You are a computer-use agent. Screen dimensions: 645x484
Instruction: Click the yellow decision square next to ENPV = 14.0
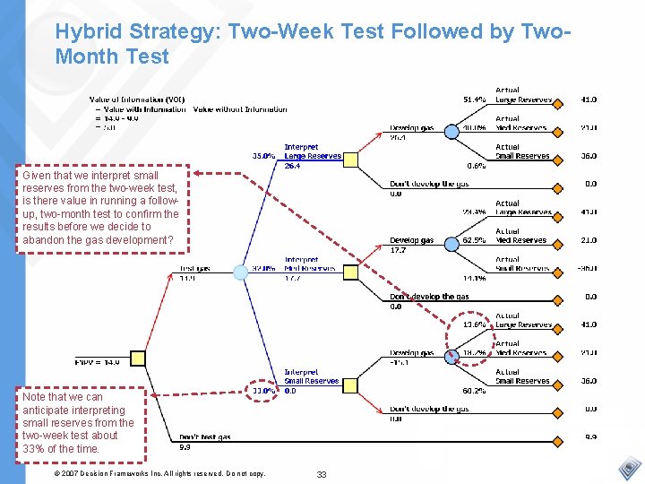[x=139, y=359]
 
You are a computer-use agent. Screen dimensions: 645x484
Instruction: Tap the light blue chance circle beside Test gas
[x=240, y=272]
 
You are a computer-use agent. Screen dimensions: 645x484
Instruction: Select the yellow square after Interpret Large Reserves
[x=351, y=160]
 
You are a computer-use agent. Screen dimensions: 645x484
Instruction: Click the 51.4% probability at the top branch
[x=474, y=99]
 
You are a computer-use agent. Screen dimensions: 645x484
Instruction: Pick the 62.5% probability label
[x=474, y=239]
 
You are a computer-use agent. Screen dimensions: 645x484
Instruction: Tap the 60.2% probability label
[x=474, y=390]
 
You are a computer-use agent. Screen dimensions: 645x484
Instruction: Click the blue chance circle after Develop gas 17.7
[x=453, y=240]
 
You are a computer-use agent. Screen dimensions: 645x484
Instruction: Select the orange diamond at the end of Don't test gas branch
[x=556, y=436]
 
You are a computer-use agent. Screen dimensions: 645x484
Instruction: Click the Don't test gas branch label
[x=205, y=436]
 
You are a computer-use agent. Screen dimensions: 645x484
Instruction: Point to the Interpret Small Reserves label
[x=311, y=376]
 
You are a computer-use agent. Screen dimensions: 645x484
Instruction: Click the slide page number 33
[x=322, y=473]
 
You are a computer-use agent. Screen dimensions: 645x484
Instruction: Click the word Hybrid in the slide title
[x=86, y=31]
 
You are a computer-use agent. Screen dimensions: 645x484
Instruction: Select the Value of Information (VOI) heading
[x=137, y=99]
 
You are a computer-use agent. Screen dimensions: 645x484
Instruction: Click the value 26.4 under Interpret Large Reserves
[x=292, y=166]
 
